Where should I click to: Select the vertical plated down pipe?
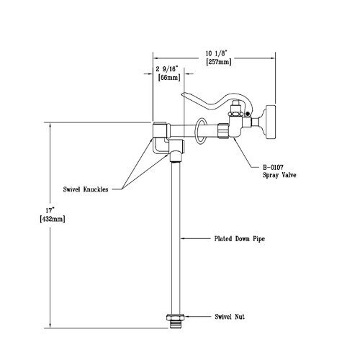click(x=175, y=230)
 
